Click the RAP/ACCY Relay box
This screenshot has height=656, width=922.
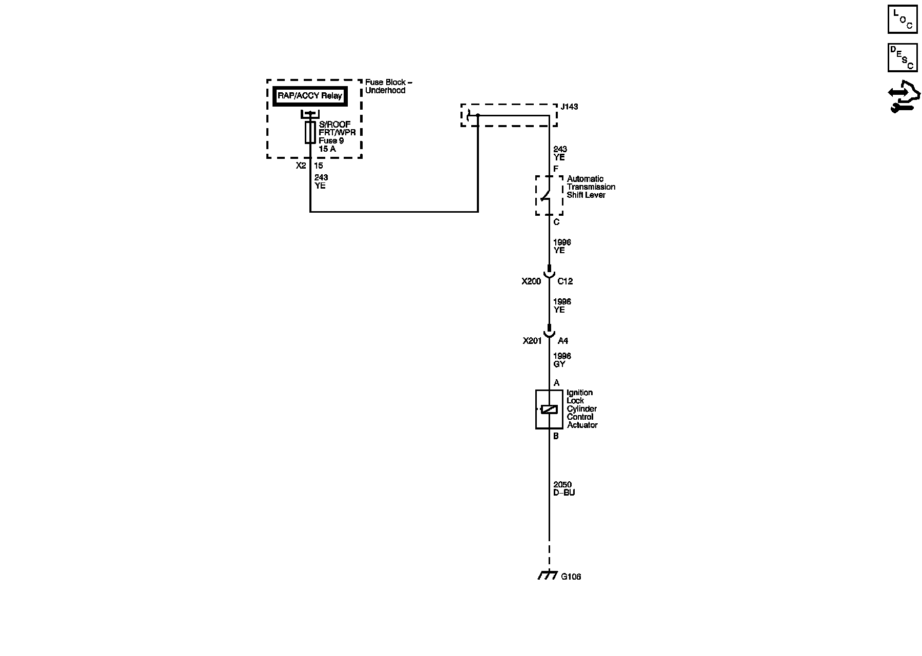tap(309, 96)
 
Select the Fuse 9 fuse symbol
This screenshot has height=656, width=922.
tap(310, 132)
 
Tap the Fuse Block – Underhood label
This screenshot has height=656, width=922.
tap(388, 86)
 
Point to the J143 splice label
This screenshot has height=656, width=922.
tap(569, 107)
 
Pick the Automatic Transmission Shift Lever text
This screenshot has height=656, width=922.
tap(591, 187)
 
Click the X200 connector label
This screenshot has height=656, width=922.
tap(531, 281)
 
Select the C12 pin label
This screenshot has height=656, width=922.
tap(565, 281)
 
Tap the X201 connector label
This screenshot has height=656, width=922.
tap(532, 341)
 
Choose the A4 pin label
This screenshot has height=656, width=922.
tap(562, 341)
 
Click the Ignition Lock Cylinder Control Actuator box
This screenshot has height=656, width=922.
tap(549, 409)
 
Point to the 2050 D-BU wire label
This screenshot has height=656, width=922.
tap(564, 488)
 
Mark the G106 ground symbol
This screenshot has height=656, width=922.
tap(548, 576)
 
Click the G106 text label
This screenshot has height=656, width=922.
tap(571, 577)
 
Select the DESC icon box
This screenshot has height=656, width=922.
tap(902, 57)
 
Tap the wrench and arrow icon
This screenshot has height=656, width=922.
tap(904, 97)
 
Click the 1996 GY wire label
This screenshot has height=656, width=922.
tap(562, 360)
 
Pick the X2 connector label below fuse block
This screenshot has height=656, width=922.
tap(301, 166)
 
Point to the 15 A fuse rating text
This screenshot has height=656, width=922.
tap(327, 149)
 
